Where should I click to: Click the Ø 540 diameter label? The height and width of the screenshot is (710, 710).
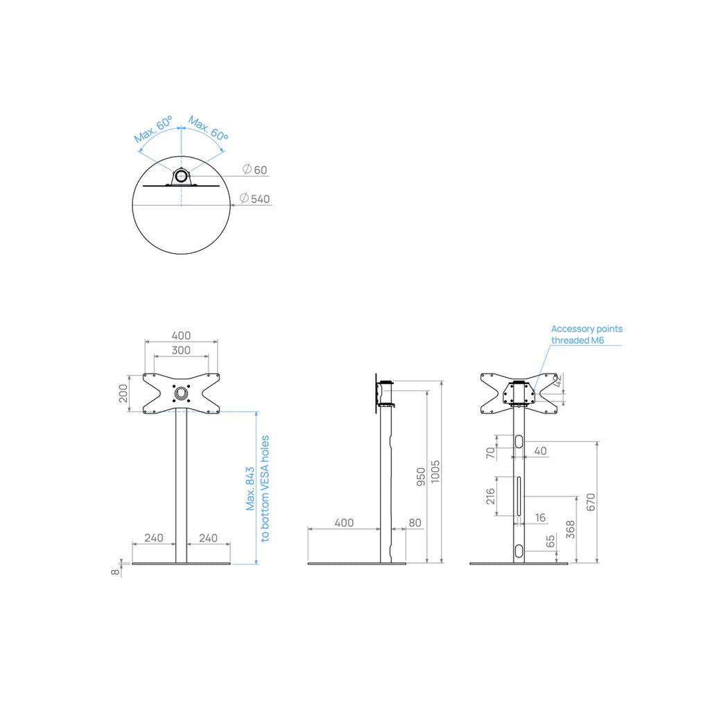pyautogui.click(x=254, y=199)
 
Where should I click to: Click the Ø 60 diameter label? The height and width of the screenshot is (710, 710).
pyautogui.click(x=254, y=170)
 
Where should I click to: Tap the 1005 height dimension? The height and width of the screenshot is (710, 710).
pyautogui.click(x=435, y=471)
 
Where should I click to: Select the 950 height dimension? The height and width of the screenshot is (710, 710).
pyautogui.click(x=421, y=477)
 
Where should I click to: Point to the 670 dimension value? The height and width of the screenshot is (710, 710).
pyautogui.click(x=591, y=502)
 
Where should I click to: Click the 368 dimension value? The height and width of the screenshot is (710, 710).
pyautogui.click(x=571, y=529)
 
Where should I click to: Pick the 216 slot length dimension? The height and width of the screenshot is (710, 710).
pyautogui.click(x=490, y=496)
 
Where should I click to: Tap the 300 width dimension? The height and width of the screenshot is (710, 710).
pyautogui.click(x=181, y=350)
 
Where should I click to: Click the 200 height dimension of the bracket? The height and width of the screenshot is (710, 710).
pyautogui.click(x=123, y=393)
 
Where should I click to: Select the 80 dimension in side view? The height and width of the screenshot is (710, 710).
pyautogui.click(x=415, y=523)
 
